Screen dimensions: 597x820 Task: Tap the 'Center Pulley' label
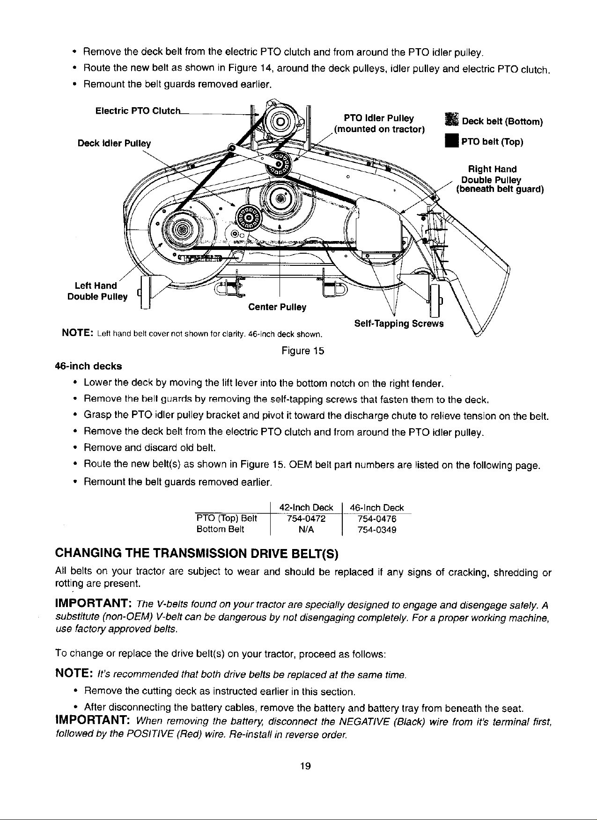pos(277,307)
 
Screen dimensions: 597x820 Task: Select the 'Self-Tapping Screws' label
pos(398,324)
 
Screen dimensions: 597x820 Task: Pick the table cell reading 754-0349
pos(377,530)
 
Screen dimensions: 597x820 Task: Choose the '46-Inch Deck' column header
pos(377,507)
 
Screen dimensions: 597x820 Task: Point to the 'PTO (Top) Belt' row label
pos(226,518)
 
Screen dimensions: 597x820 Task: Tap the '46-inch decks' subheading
pos(88,366)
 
